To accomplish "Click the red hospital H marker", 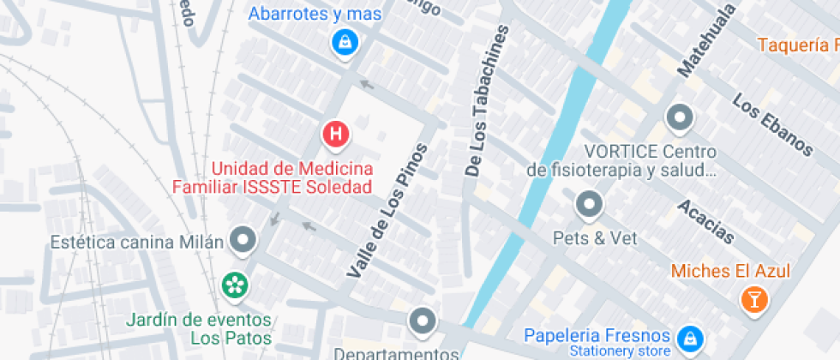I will click(336, 135).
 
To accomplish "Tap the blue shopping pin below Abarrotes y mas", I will click(345, 42).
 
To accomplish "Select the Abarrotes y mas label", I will click(315, 14).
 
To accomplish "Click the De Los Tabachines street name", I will click(486, 101).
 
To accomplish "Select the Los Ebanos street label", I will click(771, 124).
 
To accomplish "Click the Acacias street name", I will click(705, 221).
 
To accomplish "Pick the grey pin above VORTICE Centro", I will click(681, 117).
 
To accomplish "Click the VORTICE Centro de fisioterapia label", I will click(622, 161).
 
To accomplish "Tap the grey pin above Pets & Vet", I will click(589, 205).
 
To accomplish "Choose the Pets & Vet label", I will click(595, 238).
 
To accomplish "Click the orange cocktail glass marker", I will click(753, 298).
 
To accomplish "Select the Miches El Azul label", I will click(730, 271).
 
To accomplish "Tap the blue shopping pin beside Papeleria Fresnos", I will click(687, 340).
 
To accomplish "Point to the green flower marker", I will click(234, 284).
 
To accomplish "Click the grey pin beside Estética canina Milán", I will click(243, 240).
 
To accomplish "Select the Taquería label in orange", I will click(798, 45).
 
